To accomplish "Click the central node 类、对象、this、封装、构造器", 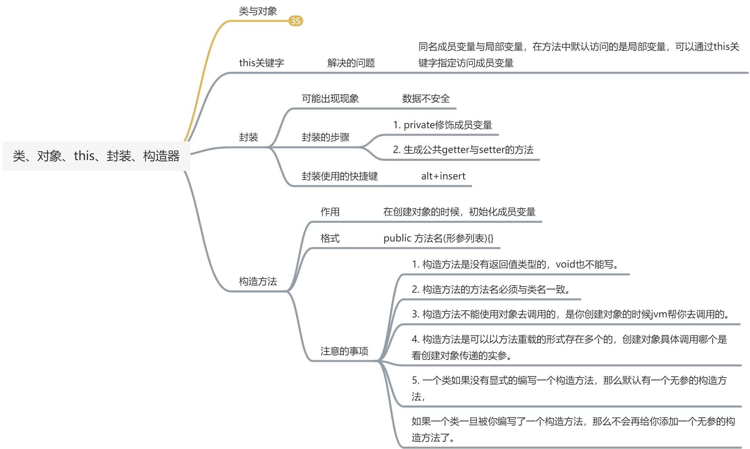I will coord(96,156).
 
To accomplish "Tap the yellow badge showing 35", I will coord(296,21).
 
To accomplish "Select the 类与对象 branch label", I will coord(258,11).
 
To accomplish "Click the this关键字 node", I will coord(261,63).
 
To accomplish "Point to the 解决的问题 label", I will coord(351,63).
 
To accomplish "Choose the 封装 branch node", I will coord(248,137).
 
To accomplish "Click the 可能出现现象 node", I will coord(330,99).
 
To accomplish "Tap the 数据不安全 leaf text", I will coord(426,99).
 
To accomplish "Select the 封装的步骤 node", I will coord(325,137).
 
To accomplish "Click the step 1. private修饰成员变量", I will coord(443,125).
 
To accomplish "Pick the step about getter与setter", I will coord(463,150).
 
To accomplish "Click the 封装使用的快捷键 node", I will coord(339,176).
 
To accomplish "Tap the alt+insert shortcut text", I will coord(443,176).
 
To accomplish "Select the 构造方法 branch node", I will coord(258,281).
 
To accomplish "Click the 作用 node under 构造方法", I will coord(330,212).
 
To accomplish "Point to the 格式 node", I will coord(330,238).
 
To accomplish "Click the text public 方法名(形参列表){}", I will coord(438,238).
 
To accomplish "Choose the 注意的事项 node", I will coord(344,351).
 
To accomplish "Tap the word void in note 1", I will coord(565,264).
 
